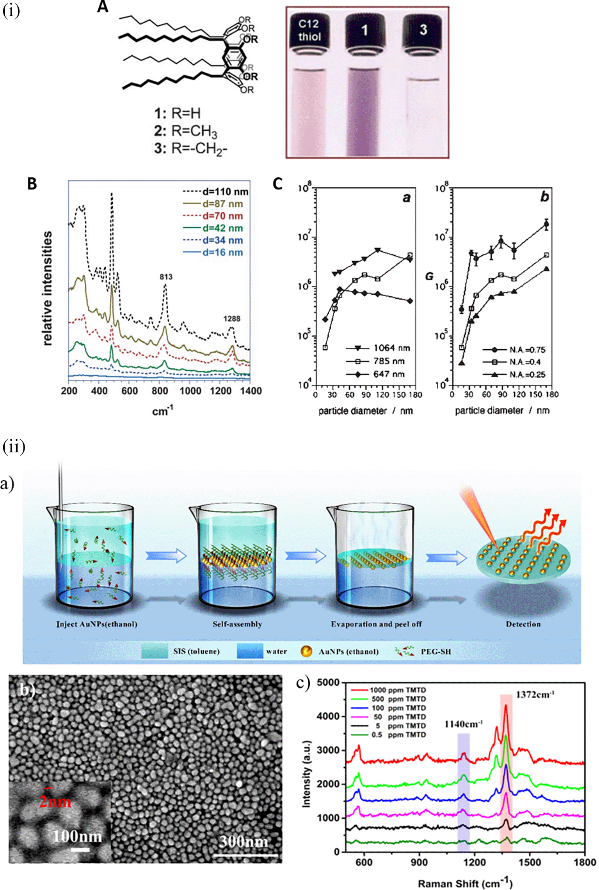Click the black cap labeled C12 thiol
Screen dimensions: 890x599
tap(309, 30)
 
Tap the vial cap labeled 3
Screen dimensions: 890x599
tap(423, 30)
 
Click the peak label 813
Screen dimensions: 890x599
tap(166, 277)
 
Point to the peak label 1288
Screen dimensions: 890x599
tap(232, 319)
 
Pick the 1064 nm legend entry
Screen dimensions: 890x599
tap(391, 348)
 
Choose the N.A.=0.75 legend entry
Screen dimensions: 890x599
tap(527, 350)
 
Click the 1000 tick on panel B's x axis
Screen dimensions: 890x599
tap(190, 391)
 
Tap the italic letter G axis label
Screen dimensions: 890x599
tap(429, 276)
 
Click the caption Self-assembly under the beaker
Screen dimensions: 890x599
tap(237, 624)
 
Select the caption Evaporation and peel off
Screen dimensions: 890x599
tap(376, 624)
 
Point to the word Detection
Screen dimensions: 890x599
tap(523, 624)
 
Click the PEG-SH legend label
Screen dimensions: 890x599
tap(435, 651)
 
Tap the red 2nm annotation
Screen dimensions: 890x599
tap(55, 802)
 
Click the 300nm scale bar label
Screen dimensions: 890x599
tap(244, 842)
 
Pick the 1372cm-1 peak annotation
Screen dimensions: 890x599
tap(535, 694)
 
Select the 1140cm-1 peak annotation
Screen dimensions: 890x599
tap(464, 724)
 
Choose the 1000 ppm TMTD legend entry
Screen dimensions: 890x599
tap(398, 690)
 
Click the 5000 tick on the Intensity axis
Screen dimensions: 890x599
tap(328, 683)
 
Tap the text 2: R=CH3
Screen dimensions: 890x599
tap(186, 131)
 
